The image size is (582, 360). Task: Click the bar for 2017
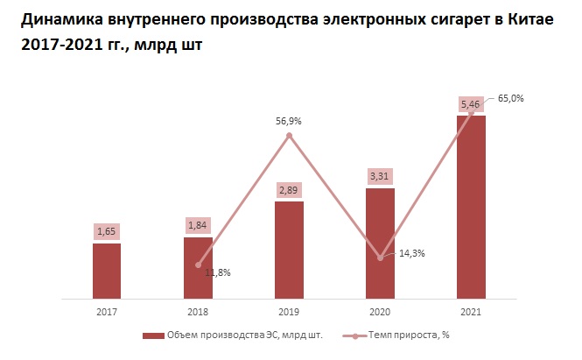pos(107,270)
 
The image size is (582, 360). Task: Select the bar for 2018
pos(198,267)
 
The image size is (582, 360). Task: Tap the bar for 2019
pos(289,250)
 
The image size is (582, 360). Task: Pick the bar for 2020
pos(380,243)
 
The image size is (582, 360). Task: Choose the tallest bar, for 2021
pos(471,206)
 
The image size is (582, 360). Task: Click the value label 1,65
pos(107,231)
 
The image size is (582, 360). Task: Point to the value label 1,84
pos(198,225)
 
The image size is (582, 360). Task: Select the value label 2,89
pos(289,190)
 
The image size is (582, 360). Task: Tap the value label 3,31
pos(380,176)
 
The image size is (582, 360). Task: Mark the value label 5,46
pos(471,103)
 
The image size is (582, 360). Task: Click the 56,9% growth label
pos(288,122)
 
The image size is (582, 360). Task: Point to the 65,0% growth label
pos(510,98)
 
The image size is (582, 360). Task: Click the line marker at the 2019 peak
pos(289,135)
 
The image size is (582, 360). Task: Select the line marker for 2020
pos(380,258)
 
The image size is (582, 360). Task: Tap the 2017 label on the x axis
pos(107,311)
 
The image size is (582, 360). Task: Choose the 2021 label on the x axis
pos(471,311)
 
